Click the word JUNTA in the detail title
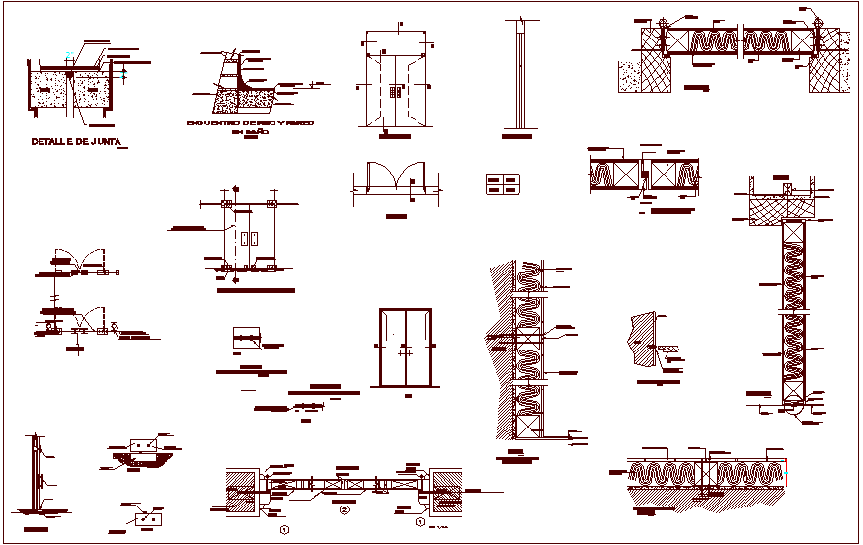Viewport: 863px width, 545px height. coord(104,142)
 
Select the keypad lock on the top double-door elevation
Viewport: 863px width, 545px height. coord(396,92)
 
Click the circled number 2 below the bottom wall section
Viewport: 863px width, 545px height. coord(344,510)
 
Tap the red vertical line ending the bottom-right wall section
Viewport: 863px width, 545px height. coord(788,473)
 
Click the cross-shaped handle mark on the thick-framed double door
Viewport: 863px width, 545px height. coord(404,350)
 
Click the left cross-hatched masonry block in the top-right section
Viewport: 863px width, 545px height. coord(649,60)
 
